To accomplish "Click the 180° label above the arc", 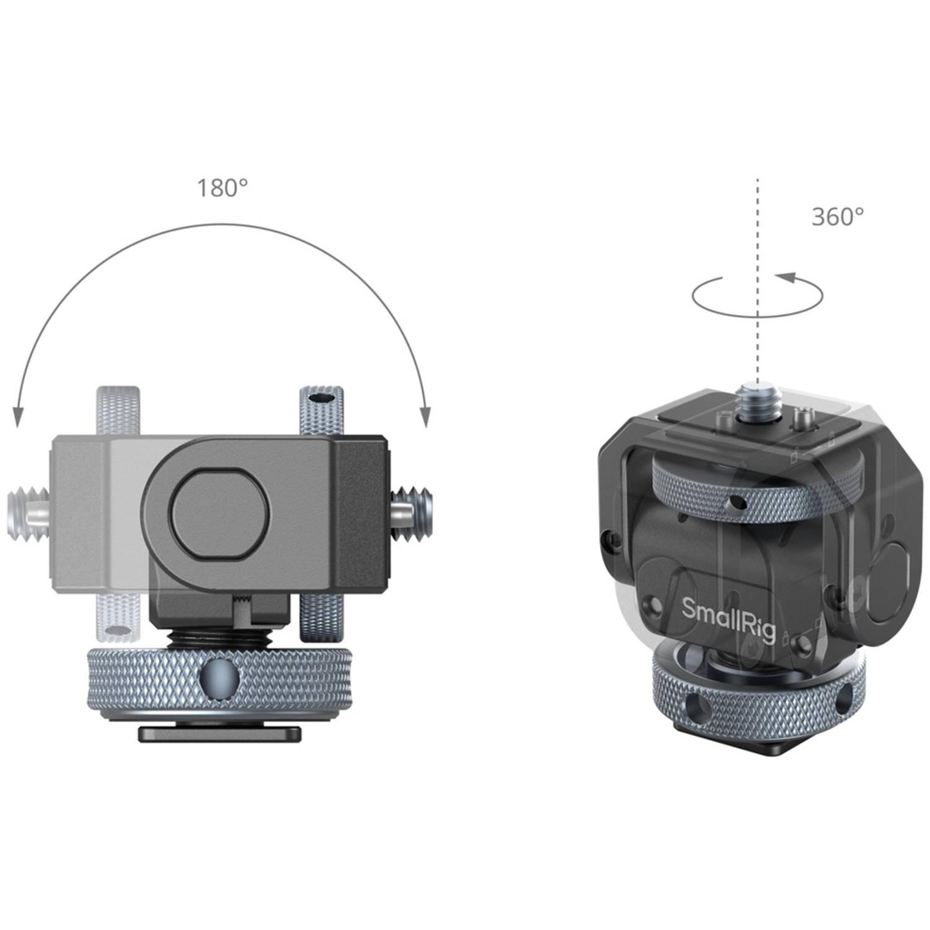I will point(222,188).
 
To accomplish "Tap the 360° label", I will point(837,216).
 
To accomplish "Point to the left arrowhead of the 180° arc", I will point(18,417).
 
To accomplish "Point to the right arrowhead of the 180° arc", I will point(425,417).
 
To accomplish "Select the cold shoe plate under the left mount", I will point(219,734).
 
